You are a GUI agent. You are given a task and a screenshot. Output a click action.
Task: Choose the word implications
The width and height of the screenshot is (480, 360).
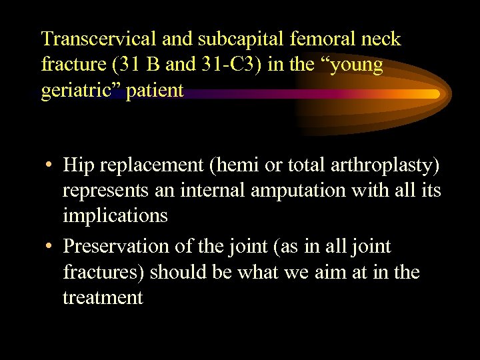click(x=115, y=216)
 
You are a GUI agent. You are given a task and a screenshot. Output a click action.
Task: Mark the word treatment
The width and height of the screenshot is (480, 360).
click(x=103, y=297)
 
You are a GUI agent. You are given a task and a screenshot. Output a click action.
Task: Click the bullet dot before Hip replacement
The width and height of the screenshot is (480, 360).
click(x=49, y=166)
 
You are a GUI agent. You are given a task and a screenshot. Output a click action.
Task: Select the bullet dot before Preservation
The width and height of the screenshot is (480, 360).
click(x=49, y=247)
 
